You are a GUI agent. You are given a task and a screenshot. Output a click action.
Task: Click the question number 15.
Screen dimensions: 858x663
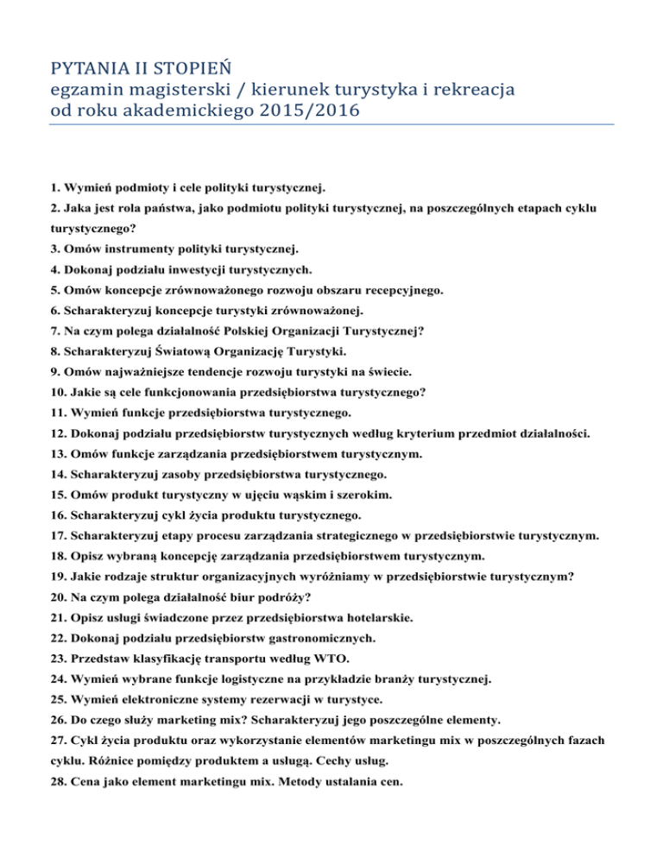[56, 495]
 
